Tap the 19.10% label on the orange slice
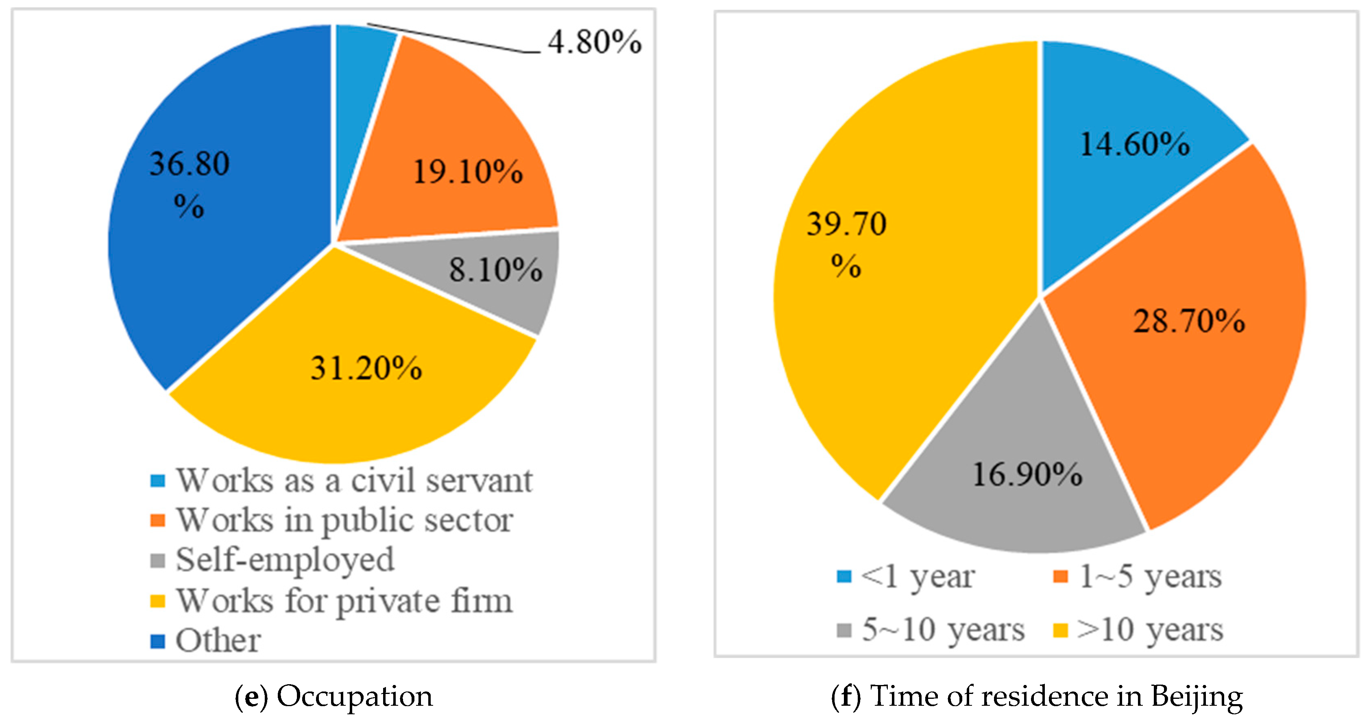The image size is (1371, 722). [x=467, y=172]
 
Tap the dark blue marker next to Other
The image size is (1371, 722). [x=157, y=641]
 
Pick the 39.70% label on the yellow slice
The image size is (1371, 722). [x=846, y=242]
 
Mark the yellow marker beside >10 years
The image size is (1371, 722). [x=1061, y=631]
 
